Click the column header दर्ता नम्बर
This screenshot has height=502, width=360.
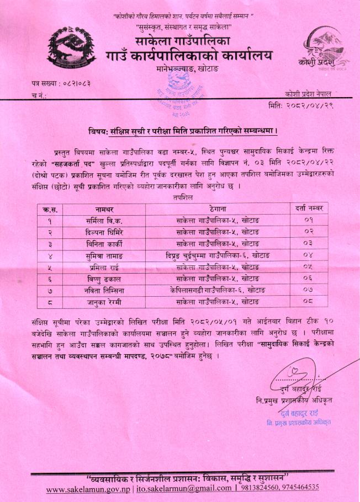point(309,208)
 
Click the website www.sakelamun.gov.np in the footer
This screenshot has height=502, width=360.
point(89,488)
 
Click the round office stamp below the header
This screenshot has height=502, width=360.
point(177,92)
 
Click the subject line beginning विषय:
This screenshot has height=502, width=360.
point(183,131)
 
